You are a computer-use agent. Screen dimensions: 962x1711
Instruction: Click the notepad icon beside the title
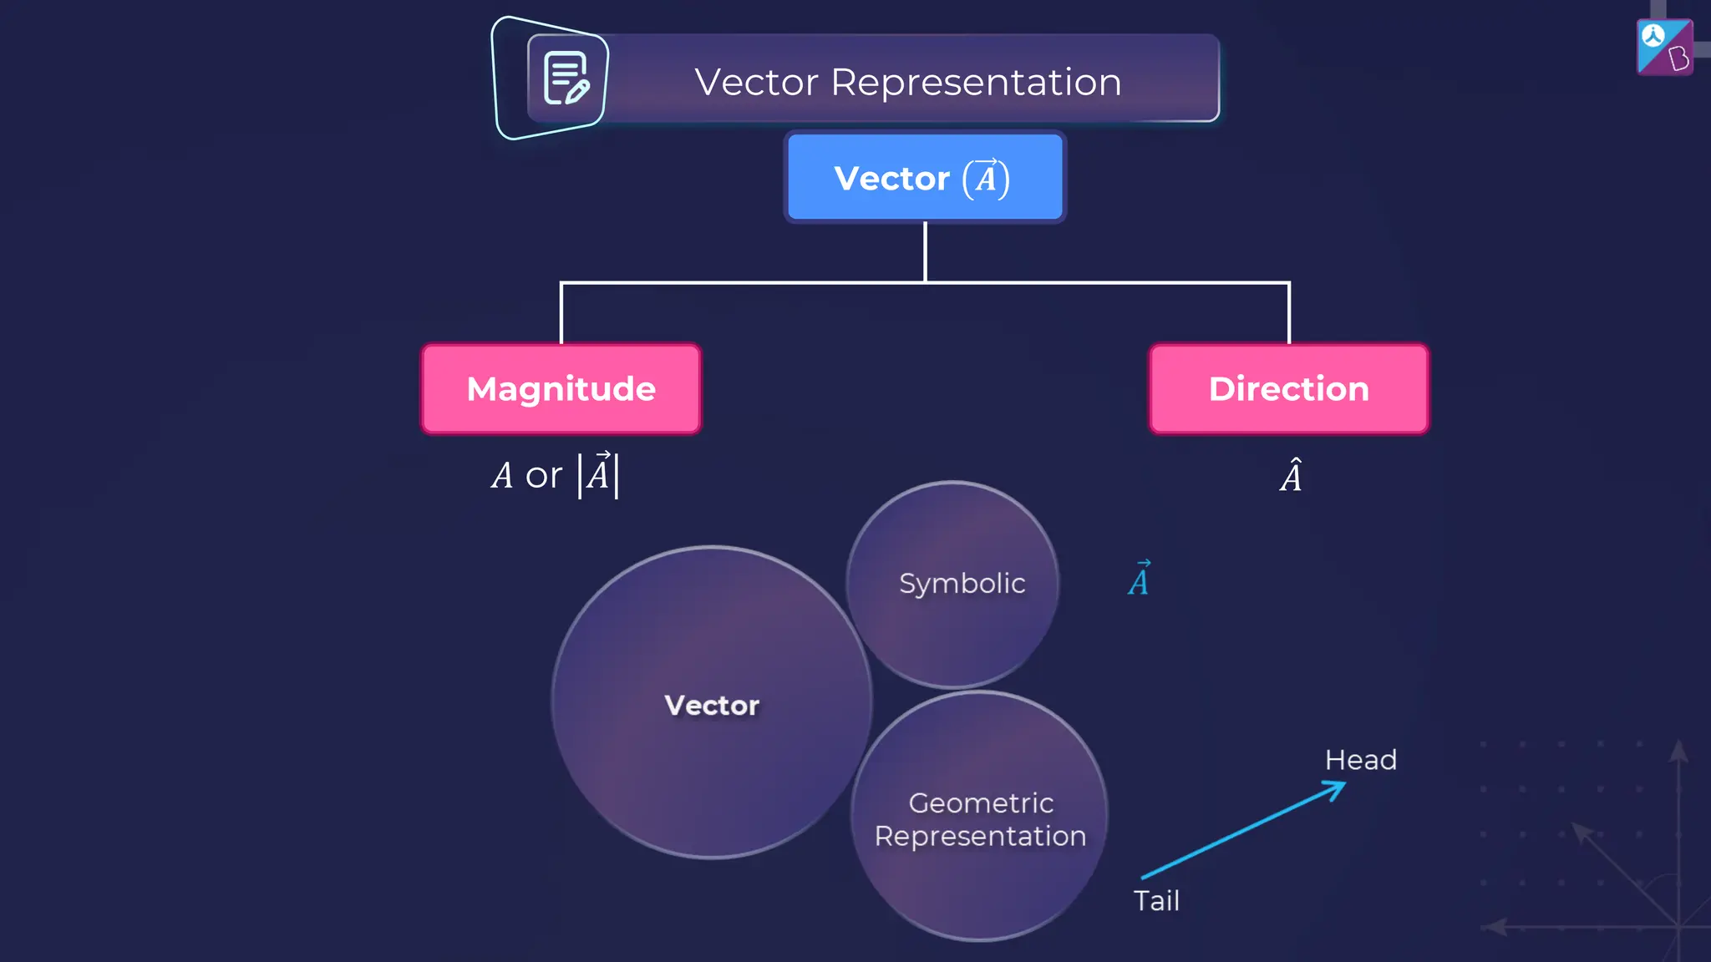(x=566, y=78)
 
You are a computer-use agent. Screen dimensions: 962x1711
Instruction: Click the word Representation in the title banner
(x=976, y=82)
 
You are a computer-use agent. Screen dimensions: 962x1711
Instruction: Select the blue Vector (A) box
(x=925, y=177)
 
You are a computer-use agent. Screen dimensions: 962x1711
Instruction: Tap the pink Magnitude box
(x=561, y=389)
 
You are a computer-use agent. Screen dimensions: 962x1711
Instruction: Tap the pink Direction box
(x=1288, y=389)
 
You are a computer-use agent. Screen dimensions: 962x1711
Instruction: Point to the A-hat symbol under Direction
(x=1291, y=476)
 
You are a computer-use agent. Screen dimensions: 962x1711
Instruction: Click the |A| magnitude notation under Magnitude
(x=598, y=474)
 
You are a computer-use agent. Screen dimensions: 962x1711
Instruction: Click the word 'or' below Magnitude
(x=543, y=476)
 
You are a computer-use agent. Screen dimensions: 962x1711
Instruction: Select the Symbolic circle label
(x=962, y=583)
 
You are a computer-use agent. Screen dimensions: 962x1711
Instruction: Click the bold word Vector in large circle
(x=712, y=705)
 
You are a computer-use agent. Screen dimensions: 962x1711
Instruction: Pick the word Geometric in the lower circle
(x=981, y=803)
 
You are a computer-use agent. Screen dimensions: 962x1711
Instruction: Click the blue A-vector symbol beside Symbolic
(x=1139, y=579)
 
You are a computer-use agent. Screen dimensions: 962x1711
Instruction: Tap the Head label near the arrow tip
(x=1360, y=760)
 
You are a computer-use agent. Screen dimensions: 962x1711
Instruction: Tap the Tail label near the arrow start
(x=1156, y=900)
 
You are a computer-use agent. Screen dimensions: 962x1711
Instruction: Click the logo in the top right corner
(x=1664, y=48)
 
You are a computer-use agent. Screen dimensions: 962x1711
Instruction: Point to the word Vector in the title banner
(x=756, y=82)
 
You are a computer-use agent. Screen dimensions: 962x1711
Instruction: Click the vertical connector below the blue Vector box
(x=925, y=251)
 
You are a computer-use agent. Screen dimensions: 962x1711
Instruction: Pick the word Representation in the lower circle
(x=980, y=836)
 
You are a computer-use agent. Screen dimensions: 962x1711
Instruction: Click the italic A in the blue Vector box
(x=986, y=179)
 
